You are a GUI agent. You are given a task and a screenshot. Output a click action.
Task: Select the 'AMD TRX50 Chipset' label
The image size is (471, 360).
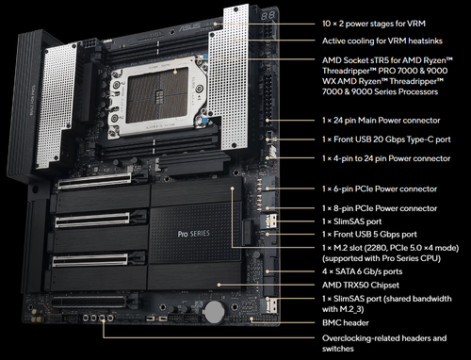point(355,285)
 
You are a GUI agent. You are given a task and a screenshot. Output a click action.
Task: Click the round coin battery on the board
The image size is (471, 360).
point(215,308)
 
